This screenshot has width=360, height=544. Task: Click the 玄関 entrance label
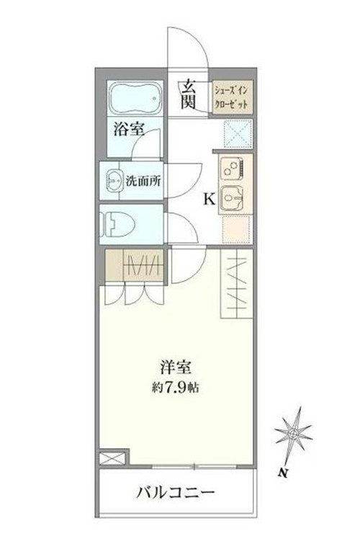click(189, 94)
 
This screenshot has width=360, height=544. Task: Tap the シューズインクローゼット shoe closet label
click(231, 97)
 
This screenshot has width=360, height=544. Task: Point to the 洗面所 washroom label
click(143, 181)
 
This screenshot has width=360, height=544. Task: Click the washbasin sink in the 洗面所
click(114, 180)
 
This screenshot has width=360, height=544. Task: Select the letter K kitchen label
click(209, 200)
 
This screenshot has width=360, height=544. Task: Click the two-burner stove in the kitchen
click(231, 169)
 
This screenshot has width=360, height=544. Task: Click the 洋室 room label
click(176, 367)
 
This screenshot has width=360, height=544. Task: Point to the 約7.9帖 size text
click(175, 387)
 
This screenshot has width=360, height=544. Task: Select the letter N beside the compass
click(284, 472)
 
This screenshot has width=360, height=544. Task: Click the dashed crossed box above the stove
click(238, 134)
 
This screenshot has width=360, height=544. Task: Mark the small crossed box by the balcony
click(112, 458)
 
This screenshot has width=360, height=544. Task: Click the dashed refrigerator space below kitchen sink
click(235, 228)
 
